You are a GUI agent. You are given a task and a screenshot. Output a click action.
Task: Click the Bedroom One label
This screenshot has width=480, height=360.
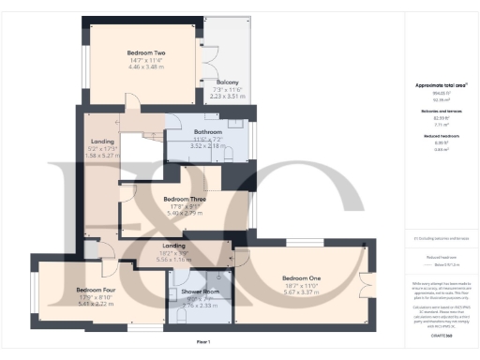click(x=302, y=278)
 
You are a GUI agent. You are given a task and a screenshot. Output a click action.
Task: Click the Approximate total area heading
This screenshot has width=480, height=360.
click(x=440, y=85)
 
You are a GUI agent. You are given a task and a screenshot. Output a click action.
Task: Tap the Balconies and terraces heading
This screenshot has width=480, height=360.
click(x=440, y=111)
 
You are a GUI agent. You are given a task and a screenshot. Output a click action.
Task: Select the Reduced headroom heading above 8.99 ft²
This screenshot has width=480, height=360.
click(x=440, y=136)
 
